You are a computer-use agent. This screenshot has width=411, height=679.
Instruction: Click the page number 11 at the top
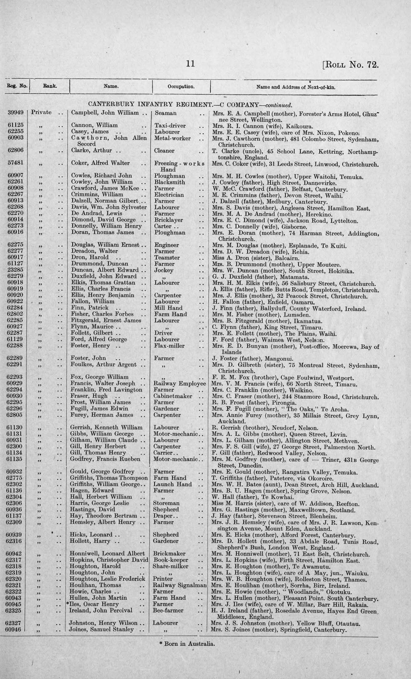pos(190,64)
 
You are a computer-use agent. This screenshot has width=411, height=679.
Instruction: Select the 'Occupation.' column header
pos(181,87)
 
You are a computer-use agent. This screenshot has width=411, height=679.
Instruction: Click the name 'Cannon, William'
pos(94,125)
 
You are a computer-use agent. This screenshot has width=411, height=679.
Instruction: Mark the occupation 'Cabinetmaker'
pos(173,396)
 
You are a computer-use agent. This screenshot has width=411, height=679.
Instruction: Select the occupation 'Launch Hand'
pos(172,484)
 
